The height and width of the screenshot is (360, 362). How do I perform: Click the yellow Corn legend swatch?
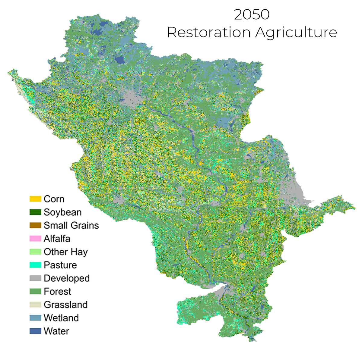(35, 199)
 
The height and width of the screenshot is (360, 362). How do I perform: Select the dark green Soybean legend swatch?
(35, 212)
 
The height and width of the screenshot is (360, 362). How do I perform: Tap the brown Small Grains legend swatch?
(35, 225)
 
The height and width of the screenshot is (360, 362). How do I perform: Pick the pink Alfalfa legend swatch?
(35, 239)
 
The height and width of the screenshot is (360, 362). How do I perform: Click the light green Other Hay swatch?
(35, 252)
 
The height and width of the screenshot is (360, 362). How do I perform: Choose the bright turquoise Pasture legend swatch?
(35, 265)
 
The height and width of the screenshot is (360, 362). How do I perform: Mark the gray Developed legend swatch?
(35, 278)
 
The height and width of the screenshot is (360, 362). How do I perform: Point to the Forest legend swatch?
(35, 291)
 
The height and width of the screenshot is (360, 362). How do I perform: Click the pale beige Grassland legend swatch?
(35, 305)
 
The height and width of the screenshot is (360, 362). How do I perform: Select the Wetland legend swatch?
(35, 318)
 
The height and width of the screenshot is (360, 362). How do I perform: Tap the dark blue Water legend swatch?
(35, 331)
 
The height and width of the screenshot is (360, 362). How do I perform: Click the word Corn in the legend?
(54, 199)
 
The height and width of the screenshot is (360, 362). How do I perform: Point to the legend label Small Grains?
(71, 225)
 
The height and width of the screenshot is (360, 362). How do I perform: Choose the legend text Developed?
(67, 278)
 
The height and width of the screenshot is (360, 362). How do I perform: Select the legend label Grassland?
(65, 305)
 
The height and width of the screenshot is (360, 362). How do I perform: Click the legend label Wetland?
(61, 318)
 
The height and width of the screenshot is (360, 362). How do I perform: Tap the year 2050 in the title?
(252, 15)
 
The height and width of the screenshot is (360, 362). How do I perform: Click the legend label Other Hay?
(66, 252)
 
